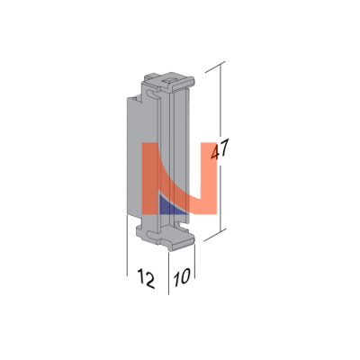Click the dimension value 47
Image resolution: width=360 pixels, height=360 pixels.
pos(220,148)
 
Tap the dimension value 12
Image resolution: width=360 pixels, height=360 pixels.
pos(147,279)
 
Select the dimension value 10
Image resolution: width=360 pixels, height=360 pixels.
pos(182,277)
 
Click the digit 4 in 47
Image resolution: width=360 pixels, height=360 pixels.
pos(215,151)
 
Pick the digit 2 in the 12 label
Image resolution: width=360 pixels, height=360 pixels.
pos(149,280)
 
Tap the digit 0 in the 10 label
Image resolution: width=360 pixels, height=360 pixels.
pos(185,276)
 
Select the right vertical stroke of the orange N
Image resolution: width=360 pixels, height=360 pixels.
pos(209,178)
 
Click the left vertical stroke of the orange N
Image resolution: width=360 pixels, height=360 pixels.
pos(150,178)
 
